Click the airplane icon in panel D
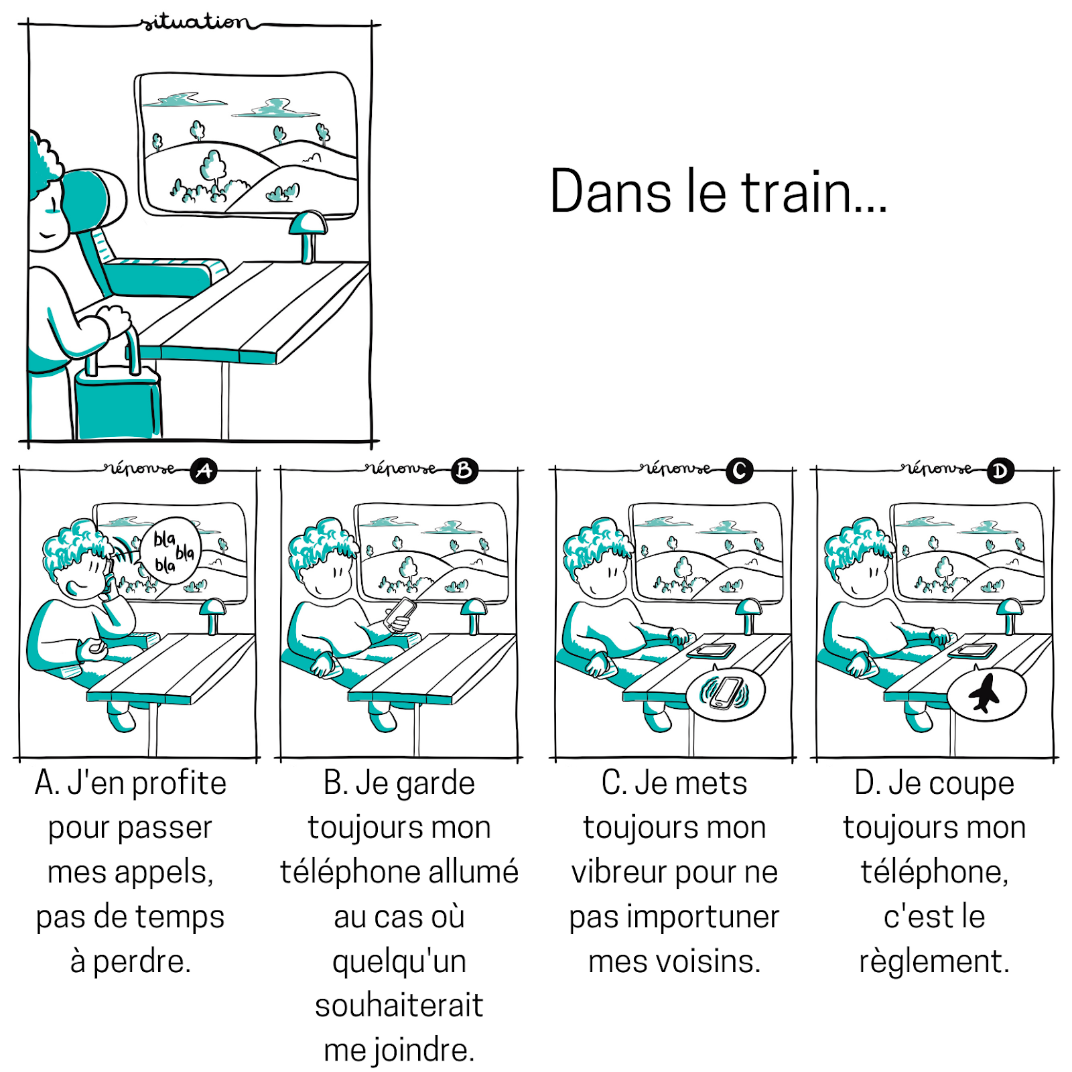click(984, 693)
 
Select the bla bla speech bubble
click(170, 551)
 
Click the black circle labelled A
click(204, 471)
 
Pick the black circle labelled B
click(464, 471)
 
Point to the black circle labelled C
click(740, 471)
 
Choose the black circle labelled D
click(1000, 471)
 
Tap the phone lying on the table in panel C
click(712, 650)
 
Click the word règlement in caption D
click(934, 961)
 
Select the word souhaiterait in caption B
click(399, 1005)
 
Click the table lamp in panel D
click(1009, 613)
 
